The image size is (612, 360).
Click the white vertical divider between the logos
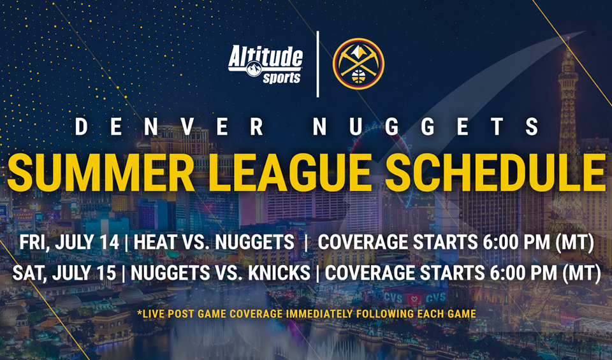(x=317, y=64)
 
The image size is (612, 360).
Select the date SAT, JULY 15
(x=64, y=273)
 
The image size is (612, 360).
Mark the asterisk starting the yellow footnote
(x=139, y=313)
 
